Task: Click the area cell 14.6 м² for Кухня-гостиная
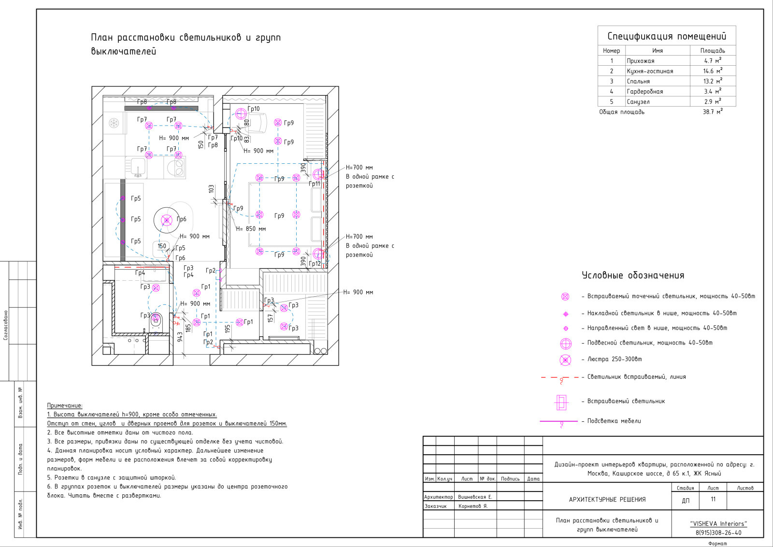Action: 713,71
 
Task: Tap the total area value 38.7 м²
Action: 713,112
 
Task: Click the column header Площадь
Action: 713,50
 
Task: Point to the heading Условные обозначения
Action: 633,275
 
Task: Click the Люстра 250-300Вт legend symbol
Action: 565,360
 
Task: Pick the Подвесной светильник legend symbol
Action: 566,344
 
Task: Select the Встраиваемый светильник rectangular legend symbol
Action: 561,402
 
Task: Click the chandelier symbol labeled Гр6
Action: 167,220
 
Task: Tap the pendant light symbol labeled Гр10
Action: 241,113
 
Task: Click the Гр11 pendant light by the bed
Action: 318,174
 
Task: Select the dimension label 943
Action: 180,337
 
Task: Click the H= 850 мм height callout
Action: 251,229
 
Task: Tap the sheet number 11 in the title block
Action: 713,499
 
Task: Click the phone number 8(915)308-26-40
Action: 718,533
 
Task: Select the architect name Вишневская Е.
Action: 475,497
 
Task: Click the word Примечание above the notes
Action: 65,405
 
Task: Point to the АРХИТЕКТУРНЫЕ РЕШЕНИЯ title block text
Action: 607,499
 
